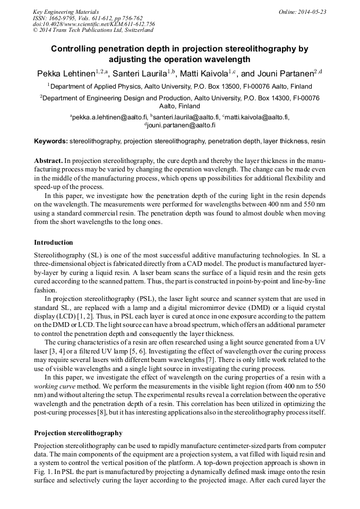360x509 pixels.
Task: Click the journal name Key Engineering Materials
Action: [x=66, y=12]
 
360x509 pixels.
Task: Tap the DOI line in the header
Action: [x=93, y=24]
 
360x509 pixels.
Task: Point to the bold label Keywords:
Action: [x=51, y=142]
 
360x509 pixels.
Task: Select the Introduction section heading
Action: [x=54, y=243]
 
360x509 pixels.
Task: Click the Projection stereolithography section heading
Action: [x=78, y=433]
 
